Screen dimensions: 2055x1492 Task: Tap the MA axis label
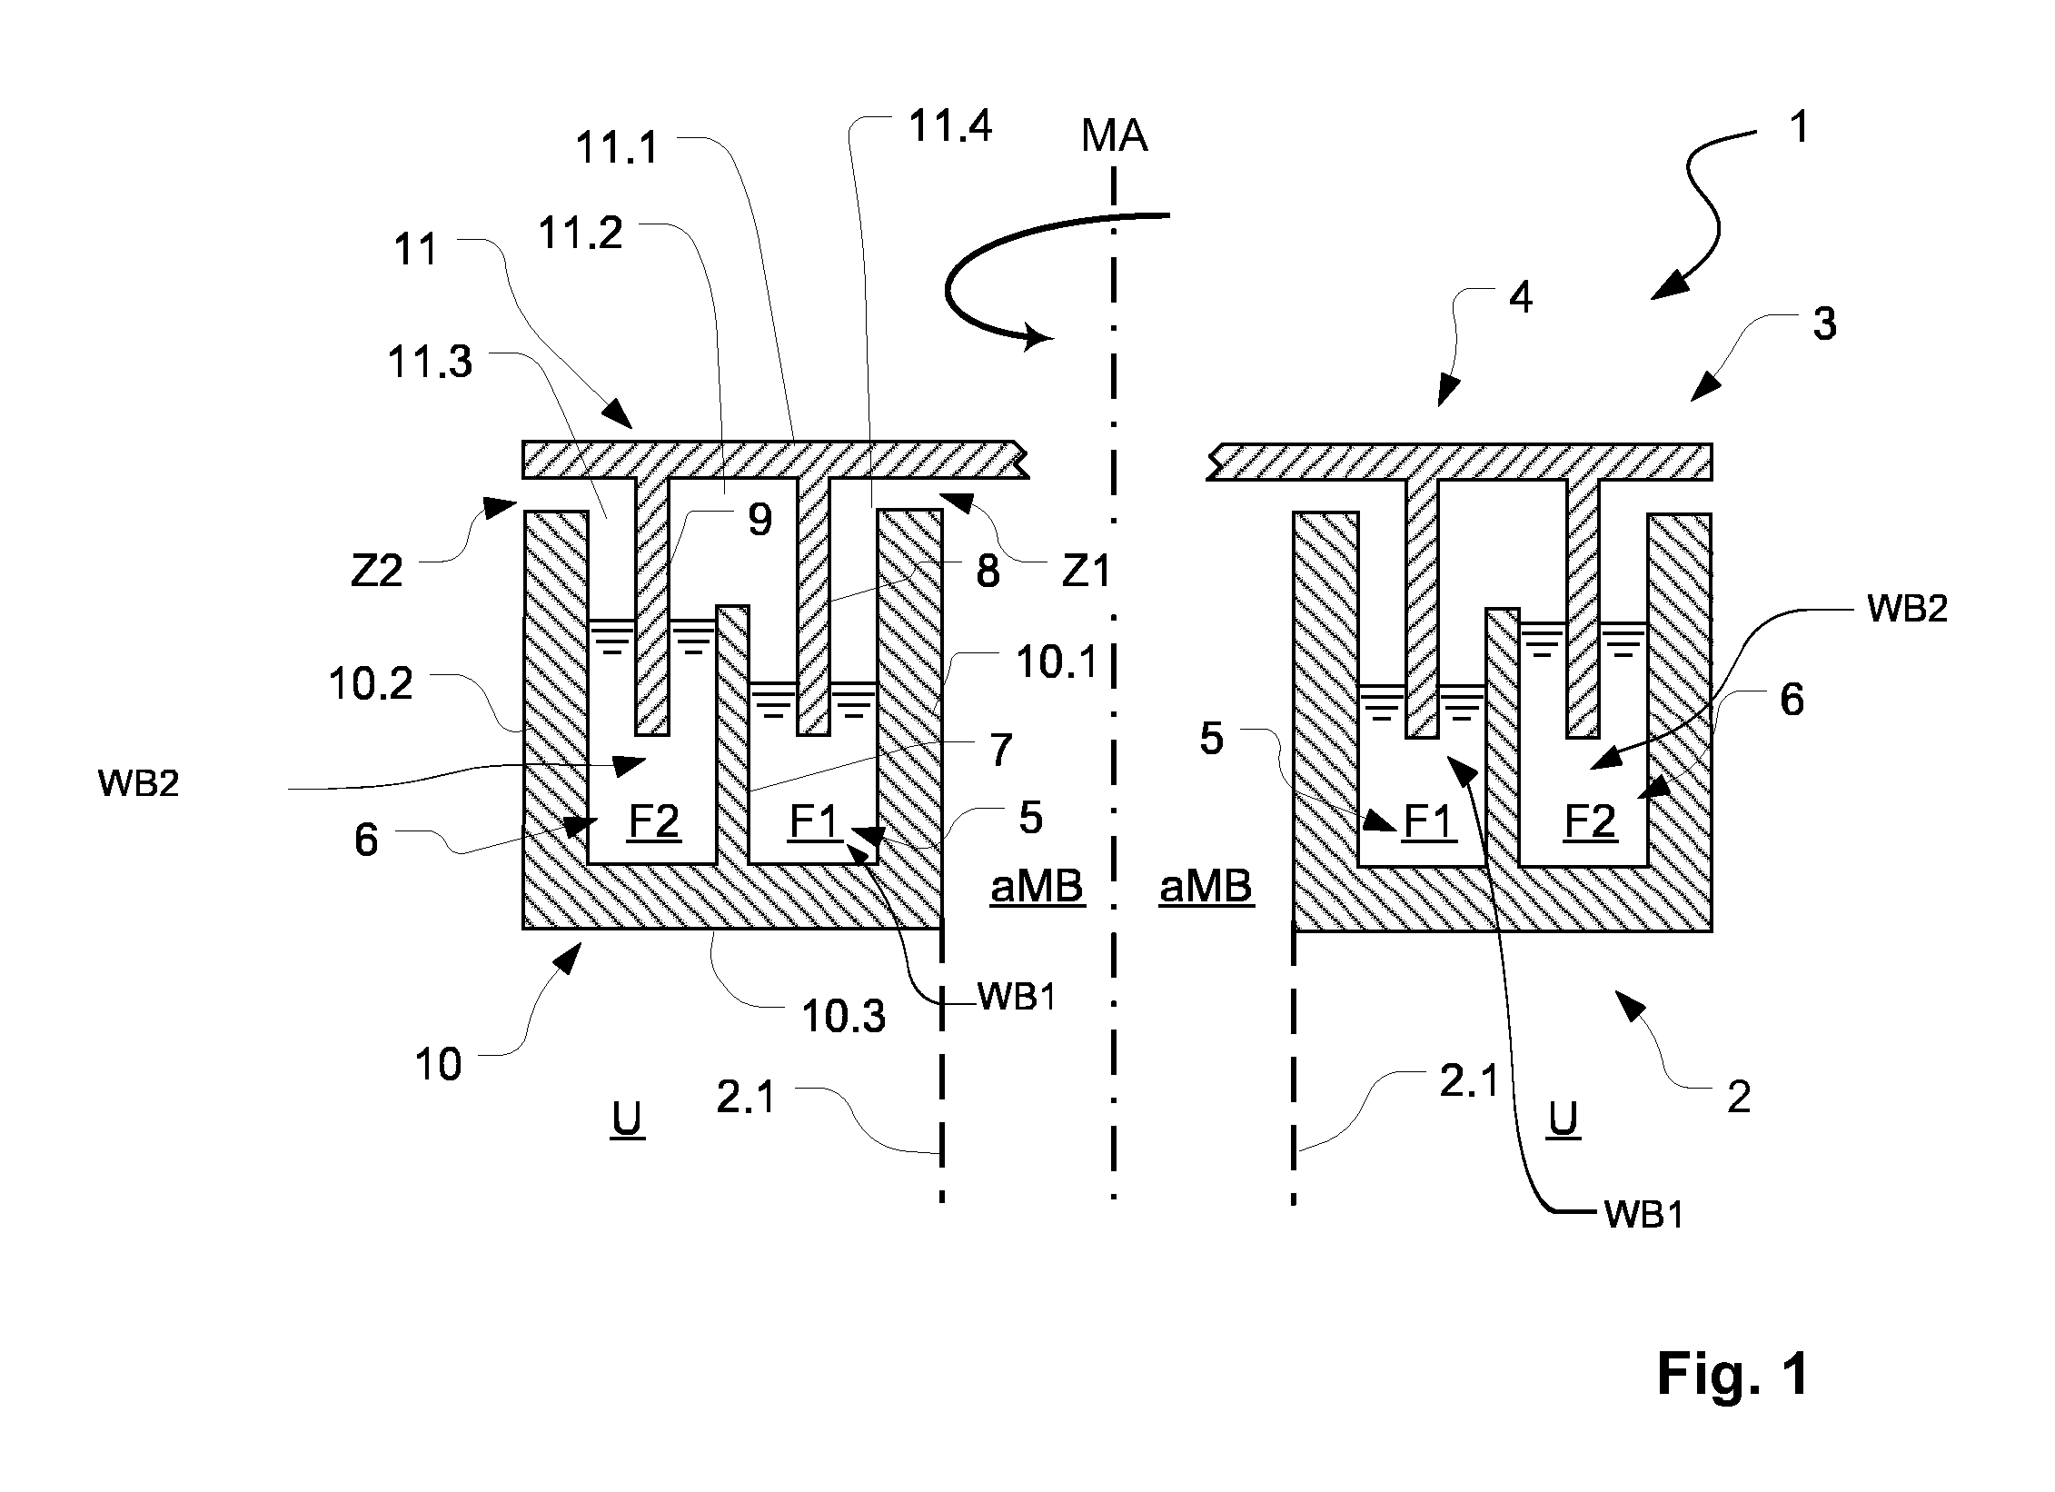click(x=1114, y=136)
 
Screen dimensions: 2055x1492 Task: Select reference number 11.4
click(x=949, y=126)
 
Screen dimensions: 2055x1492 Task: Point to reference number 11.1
click(x=617, y=147)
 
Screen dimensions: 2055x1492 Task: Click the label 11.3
click(x=430, y=362)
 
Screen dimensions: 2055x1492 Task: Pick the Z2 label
click(x=377, y=572)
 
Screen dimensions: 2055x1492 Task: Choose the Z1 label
click(x=1087, y=572)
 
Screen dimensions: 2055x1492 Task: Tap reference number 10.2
click(x=371, y=683)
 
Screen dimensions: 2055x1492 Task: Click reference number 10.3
click(x=843, y=1017)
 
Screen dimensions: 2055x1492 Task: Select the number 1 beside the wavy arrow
click(x=1798, y=127)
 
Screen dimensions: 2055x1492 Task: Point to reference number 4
click(x=1521, y=297)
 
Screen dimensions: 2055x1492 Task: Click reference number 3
click(x=1824, y=323)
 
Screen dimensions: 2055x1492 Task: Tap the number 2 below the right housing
click(x=1739, y=1098)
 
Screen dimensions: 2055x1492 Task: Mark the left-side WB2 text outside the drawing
click(x=138, y=783)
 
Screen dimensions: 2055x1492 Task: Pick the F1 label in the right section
click(x=1429, y=822)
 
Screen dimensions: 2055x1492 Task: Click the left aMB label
click(x=1037, y=886)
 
